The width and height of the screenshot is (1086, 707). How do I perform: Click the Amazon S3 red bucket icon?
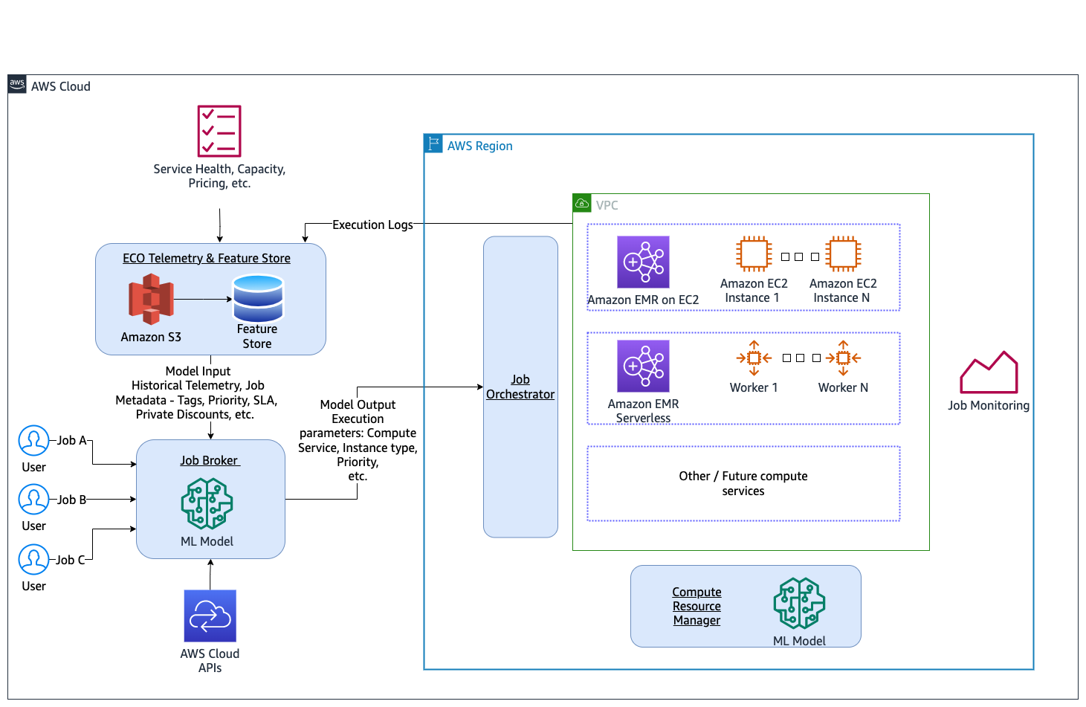pyautogui.click(x=151, y=299)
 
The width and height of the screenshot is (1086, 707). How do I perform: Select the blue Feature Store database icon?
pyautogui.click(x=258, y=298)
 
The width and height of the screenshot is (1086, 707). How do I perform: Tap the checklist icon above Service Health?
pyautogui.click(x=219, y=131)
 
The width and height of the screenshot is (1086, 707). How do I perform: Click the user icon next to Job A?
pyautogui.click(x=33, y=441)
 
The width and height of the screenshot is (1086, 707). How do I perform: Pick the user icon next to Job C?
pyautogui.click(x=33, y=560)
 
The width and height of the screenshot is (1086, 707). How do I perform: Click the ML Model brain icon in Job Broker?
pyautogui.click(x=207, y=503)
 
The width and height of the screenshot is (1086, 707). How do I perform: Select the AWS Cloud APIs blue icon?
pyautogui.click(x=210, y=616)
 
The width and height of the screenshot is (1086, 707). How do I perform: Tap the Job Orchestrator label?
pyautogui.click(x=520, y=387)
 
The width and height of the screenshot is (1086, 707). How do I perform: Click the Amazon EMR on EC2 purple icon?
pyautogui.click(x=643, y=262)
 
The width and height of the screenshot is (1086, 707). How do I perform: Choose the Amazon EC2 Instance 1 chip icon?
pyautogui.click(x=754, y=254)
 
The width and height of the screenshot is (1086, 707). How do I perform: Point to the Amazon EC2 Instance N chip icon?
pyautogui.click(x=843, y=254)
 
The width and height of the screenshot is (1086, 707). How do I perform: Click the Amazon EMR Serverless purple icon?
pyautogui.click(x=643, y=366)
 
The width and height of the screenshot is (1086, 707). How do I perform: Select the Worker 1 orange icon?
pyautogui.click(x=754, y=358)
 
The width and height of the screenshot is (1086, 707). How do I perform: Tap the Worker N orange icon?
pyautogui.click(x=843, y=358)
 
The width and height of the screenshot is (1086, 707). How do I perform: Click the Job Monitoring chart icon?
pyautogui.click(x=989, y=372)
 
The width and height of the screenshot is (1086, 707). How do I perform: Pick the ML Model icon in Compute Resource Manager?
pyautogui.click(x=799, y=603)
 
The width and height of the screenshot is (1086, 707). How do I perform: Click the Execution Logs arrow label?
pyautogui.click(x=372, y=225)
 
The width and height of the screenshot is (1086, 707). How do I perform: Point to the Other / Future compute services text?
pyautogui.click(x=743, y=483)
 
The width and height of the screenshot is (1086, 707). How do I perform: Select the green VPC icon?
pyautogui.click(x=582, y=203)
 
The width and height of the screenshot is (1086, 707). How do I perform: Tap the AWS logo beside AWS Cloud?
pyautogui.click(x=17, y=84)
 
